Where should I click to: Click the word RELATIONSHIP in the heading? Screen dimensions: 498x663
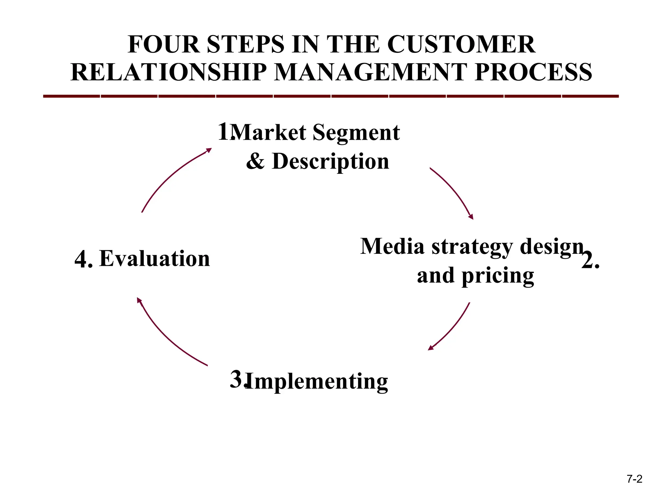pyautogui.click(x=169, y=72)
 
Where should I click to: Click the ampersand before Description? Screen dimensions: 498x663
pyautogui.click(x=255, y=161)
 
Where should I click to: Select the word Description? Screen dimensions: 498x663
pyautogui.click(x=331, y=161)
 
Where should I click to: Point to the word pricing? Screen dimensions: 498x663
pyautogui.click(x=498, y=276)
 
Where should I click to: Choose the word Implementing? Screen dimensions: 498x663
pyautogui.click(x=317, y=381)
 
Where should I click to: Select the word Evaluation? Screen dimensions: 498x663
pyautogui.click(x=155, y=259)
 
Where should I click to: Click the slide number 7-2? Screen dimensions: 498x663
pyautogui.click(x=634, y=479)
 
